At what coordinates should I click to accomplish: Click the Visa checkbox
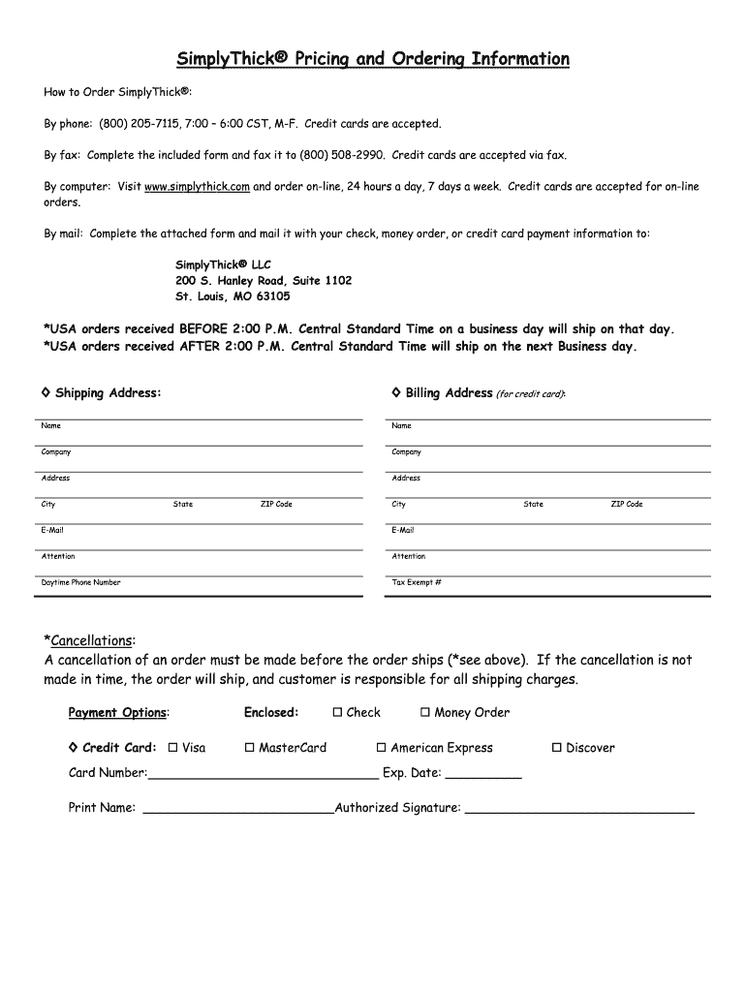coord(172,748)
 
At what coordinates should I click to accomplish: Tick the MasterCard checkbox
coord(249,748)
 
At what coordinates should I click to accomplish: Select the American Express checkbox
coord(381,748)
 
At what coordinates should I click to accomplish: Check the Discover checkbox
coord(556,748)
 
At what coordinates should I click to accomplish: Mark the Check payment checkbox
coord(337,713)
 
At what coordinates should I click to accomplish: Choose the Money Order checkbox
coord(424,713)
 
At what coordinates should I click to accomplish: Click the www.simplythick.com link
coord(197,187)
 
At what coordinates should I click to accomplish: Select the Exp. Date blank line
coord(483,774)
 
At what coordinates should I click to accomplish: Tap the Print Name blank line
coord(238,808)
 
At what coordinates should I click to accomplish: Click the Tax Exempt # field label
coord(417,583)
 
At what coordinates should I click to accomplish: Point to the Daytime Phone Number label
coord(81,583)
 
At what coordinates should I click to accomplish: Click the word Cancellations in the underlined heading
coord(91,641)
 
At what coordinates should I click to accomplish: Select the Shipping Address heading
coord(108,393)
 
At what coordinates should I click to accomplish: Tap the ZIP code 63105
coord(271,296)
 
